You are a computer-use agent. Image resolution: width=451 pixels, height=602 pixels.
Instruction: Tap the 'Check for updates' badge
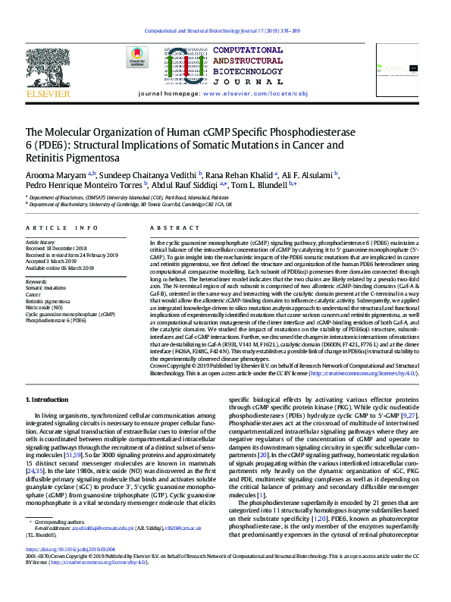[137, 58]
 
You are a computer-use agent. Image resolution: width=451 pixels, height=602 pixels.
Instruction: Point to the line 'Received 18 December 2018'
[57, 249]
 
